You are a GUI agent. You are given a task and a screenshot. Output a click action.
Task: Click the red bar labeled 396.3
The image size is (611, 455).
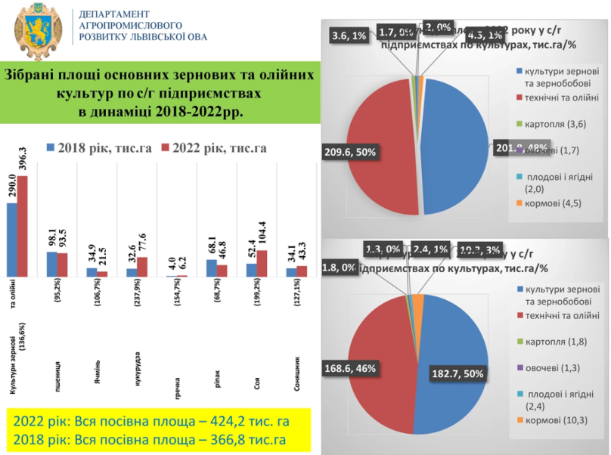(x=23, y=226)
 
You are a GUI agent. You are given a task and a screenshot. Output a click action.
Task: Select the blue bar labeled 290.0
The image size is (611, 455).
(x=12, y=240)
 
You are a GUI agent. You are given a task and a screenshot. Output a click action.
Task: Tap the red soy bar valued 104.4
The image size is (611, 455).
(x=262, y=263)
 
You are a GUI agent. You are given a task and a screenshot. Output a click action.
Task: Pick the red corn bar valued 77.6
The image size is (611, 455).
(x=142, y=267)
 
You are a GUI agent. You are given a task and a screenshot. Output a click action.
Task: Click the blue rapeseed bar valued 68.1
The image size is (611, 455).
(x=211, y=268)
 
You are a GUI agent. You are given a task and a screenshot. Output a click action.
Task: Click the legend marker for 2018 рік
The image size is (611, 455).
(x=50, y=147)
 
